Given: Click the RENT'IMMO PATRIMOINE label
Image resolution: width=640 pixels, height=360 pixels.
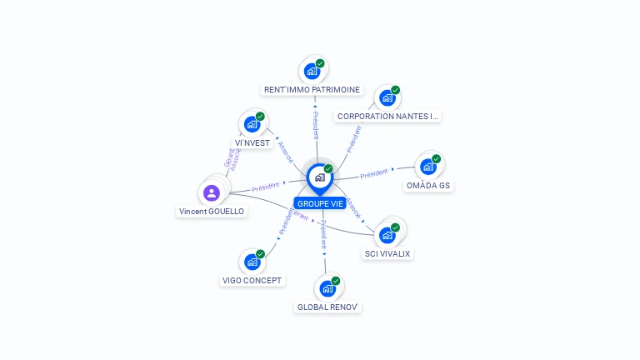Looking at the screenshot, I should click(312, 89).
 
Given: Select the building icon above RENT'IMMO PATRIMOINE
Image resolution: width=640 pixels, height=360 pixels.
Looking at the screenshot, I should click(312, 72).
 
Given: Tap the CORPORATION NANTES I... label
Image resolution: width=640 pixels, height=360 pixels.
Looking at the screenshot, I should click(387, 117).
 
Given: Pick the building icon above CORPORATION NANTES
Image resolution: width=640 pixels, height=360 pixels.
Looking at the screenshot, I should click(387, 98).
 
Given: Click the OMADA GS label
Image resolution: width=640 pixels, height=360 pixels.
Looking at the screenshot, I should click(428, 185).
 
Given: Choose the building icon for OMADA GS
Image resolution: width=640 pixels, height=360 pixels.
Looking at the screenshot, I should click(428, 167).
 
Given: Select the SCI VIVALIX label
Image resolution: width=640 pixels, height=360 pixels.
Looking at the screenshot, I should click(387, 253).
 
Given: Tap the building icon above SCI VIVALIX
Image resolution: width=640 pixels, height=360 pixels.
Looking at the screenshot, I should click(387, 235).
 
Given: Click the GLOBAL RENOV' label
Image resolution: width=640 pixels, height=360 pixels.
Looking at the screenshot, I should click(327, 307).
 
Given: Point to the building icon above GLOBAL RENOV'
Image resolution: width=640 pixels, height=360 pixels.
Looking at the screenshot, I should click(327, 289).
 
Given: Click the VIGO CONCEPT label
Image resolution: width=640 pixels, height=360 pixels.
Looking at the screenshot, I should click(252, 280).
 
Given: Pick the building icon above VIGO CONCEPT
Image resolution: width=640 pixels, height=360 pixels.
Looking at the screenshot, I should click(252, 262).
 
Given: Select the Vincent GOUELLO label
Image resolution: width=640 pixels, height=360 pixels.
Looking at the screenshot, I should click(212, 212).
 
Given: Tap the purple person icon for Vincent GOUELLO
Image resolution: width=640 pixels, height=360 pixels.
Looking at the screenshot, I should click(212, 193).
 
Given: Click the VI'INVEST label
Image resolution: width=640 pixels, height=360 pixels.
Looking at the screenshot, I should click(252, 142).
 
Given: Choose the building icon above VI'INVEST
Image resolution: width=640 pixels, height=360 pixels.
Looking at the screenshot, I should click(252, 125).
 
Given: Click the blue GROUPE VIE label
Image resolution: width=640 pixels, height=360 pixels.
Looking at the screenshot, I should click(319, 203).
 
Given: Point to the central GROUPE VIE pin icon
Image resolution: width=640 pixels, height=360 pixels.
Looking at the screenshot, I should click(319, 177).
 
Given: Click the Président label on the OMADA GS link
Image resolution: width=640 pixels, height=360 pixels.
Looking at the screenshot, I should click(374, 173).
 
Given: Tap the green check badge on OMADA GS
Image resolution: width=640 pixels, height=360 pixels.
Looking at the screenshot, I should click(436, 159).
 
